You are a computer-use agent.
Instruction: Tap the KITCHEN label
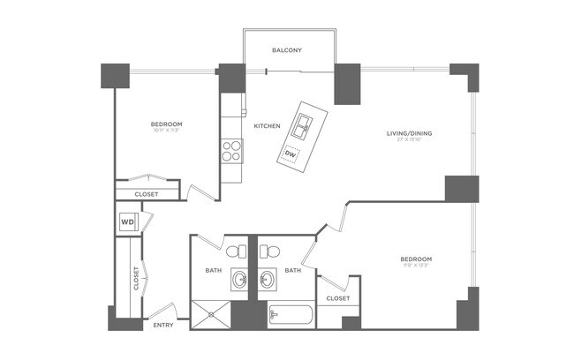tap(267, 126)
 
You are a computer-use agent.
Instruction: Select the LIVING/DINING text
tap(409, 133)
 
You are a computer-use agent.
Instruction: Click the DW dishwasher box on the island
tap(291, 155)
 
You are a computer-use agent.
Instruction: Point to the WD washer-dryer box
tap(127, 222)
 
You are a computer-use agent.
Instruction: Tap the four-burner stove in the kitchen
tap(232, 152)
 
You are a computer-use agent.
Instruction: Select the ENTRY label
tap(162, 325)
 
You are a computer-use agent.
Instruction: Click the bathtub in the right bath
tap(290, 315)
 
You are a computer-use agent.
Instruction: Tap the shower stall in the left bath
tap(212, 314)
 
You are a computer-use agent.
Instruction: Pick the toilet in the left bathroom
tap(236, 251)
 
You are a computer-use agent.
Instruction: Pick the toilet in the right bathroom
tap(268, 251)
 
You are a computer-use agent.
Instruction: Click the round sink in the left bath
tap(239, 281)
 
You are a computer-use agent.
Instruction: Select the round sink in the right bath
tap(268, 281)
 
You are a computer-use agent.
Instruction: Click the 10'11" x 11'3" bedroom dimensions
tap(165, 130)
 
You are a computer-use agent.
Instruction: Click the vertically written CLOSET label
tap(135, 278)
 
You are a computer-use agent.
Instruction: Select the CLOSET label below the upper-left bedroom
tap(147, 194)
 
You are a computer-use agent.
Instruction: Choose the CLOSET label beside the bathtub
tap(337, 298)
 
